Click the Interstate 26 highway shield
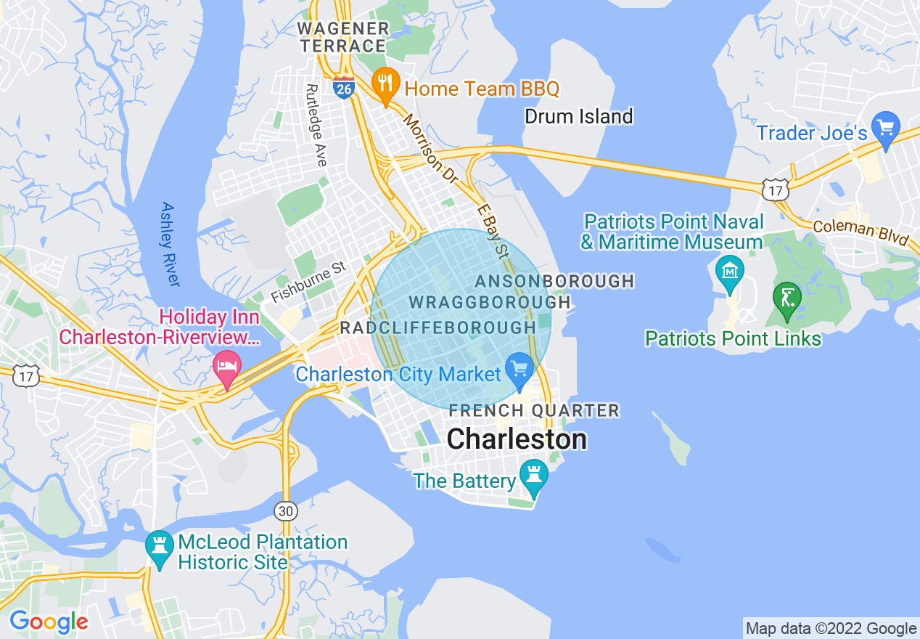tap(344, 88)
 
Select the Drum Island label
tap(578, 116)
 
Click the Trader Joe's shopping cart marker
tap(885, 130)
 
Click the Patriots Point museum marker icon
tap(729, 272)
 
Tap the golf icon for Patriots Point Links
tap(786, 298)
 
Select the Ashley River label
tap(171, 244)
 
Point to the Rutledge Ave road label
tap(316, 125)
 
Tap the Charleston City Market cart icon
tap(519, 369)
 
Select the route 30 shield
tap(286, 511)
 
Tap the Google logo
tap(49, 622)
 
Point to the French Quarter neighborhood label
tap(534, 411)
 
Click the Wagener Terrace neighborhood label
tap(343, 37)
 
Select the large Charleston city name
tap(517, 439)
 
